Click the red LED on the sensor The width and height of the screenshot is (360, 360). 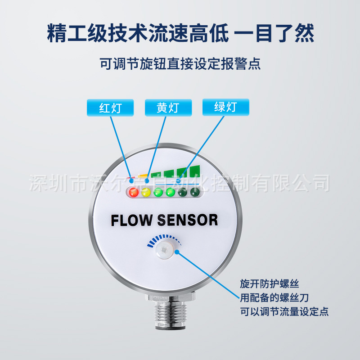[133, 193]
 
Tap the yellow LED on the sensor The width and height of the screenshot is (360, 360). [146, 193]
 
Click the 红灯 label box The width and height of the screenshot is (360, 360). [110, 108]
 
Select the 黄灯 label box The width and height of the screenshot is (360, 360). [168, 108]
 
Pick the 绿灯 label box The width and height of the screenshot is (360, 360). [225, 107]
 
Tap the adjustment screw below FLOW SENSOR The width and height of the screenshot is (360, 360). [166, 248]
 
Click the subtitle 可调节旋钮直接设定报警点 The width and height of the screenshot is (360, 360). [180, 63]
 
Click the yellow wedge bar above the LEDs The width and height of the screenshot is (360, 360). [143, 175]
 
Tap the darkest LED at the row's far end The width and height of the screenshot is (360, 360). [195, 193]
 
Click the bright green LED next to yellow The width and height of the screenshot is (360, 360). [158, 193]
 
